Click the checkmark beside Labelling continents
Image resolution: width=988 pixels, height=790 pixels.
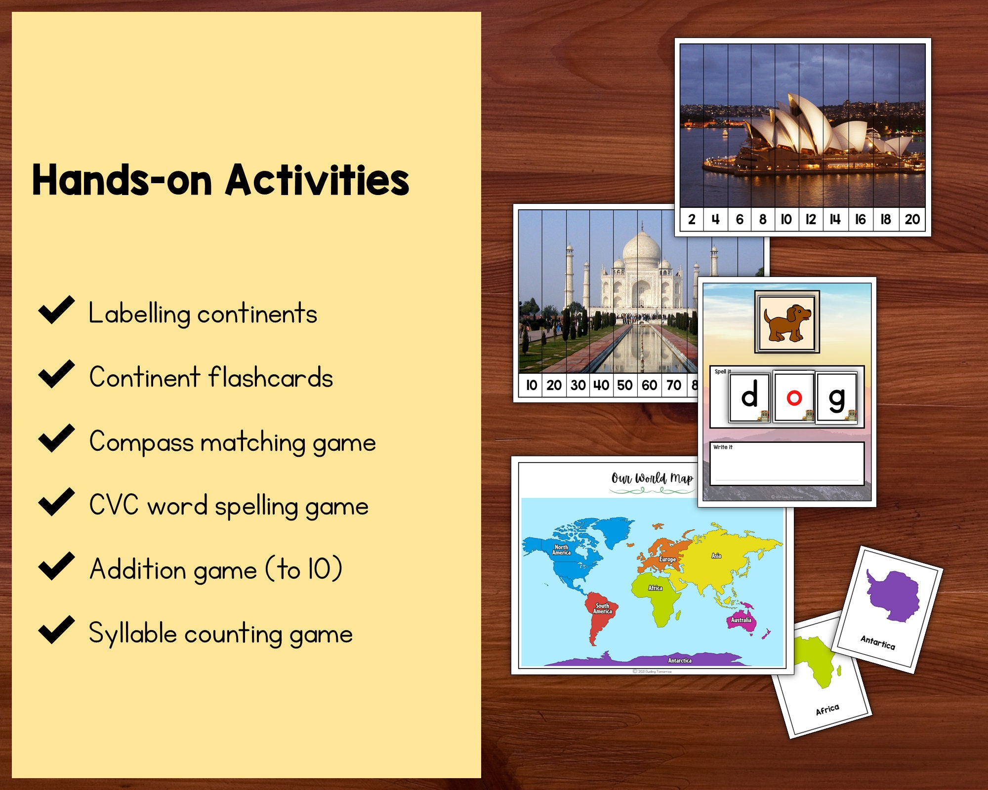pyautogui.click(x=56, y=311)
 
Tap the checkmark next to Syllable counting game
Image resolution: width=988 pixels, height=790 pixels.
pyautogui.click(x=56, y=631)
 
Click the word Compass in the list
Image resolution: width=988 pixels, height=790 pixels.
pyautogui.click(x=141, y=442)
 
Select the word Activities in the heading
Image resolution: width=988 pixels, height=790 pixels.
pyautogui.click(x=317, y=181)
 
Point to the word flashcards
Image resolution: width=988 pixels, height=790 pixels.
pyautogui.click(x=271, y=378)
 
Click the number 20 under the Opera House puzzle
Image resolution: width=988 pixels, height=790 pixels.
pyautogui.click(x=912, y=220)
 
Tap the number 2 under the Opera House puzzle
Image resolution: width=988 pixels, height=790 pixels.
pyautogui.click(x=692, y=220)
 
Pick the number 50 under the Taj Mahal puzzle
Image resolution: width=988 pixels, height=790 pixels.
pyautogui.click(x=624, y=385)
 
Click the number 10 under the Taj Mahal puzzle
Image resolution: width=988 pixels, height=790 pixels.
pyautogui.click(x=531, y=385)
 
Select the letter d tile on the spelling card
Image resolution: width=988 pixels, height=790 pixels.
pyautogui.click(x=749, y=397)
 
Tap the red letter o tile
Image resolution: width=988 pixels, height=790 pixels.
pyautogui.click(x=794, y=397)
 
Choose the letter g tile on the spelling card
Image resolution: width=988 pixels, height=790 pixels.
pyautogui.click(x=836, y=397)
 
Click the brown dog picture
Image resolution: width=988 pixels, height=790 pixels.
pyautogui.click(x=787, y=322)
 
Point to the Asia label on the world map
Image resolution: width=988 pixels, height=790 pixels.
pyautogui.click(x=716, y=556)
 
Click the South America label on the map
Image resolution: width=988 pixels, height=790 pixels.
pyautogui.click(x=603, y=608)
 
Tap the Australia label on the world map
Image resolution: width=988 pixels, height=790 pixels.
pyautogui.click(x=741, y=620)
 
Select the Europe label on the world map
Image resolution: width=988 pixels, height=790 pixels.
pyautogui.click(x=667, y=559)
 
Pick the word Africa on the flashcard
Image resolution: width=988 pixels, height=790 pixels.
pyautogui.click(x=827, y=710)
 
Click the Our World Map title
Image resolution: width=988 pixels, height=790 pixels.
pyautogui.click(x=652, y=478)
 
